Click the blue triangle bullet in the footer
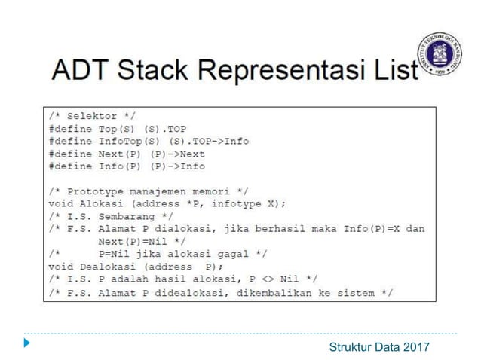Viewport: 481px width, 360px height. (x=28, y=344)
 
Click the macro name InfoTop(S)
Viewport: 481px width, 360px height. (x=126, y=141)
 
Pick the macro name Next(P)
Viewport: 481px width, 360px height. (x=120, y=153)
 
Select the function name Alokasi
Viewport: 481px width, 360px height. (x=101, y=203)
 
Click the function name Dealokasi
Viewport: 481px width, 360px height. (x=107, y=266)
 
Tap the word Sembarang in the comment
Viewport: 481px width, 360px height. (x=127, y=215)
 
